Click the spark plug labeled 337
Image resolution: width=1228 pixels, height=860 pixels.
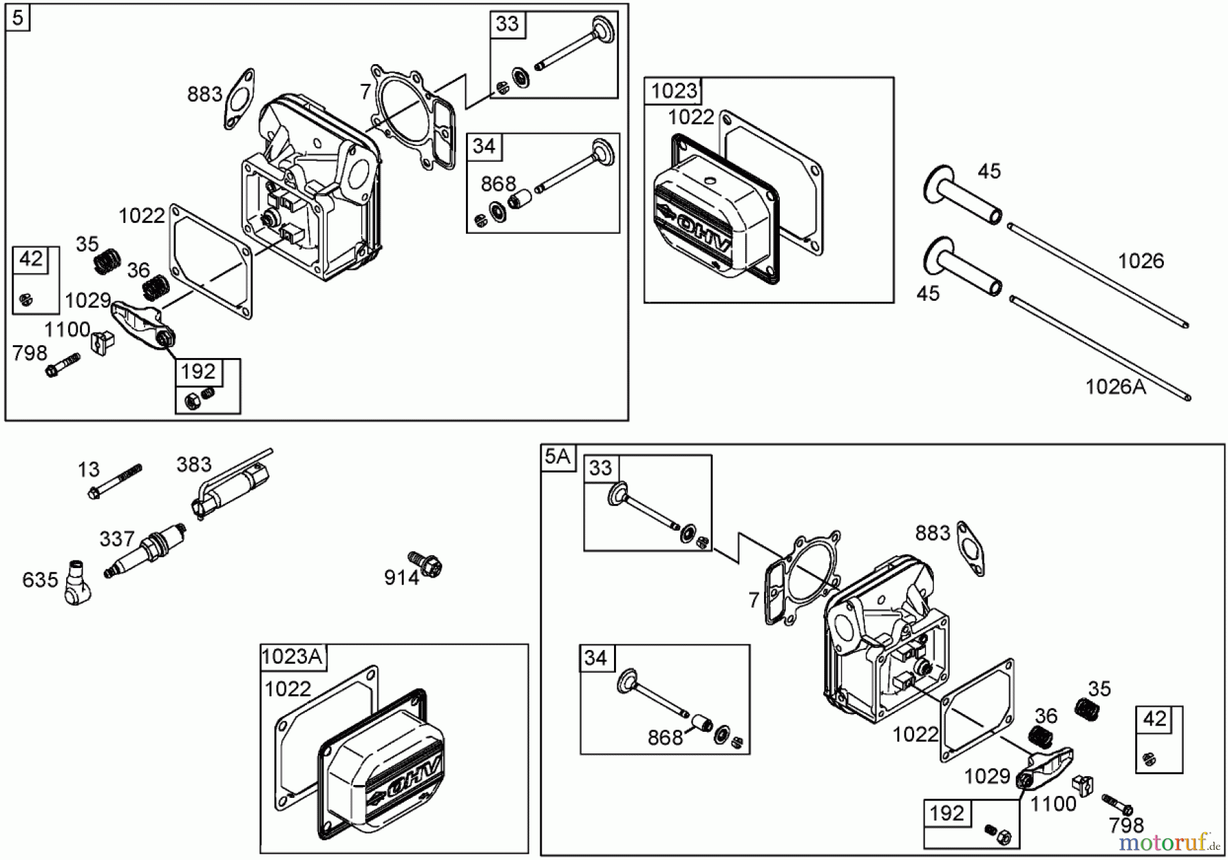[x=145, y=550]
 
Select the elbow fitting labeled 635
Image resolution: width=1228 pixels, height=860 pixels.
[x=76, y=583]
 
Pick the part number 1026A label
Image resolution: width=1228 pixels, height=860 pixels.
[x=1115, y=387]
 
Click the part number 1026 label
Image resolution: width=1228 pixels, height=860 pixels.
[x=1141, y=261]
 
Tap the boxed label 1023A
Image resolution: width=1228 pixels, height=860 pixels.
[x=292, y=656]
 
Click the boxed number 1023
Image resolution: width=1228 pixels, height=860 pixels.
[x=673, y=91]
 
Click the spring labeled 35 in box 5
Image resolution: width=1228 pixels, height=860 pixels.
[x=106, y=261]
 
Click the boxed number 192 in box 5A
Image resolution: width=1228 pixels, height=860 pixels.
[x=947, y=813]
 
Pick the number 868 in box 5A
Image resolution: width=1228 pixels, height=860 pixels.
[x=664, y=737]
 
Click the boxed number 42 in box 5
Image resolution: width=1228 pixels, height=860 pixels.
[x=31, y=259]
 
